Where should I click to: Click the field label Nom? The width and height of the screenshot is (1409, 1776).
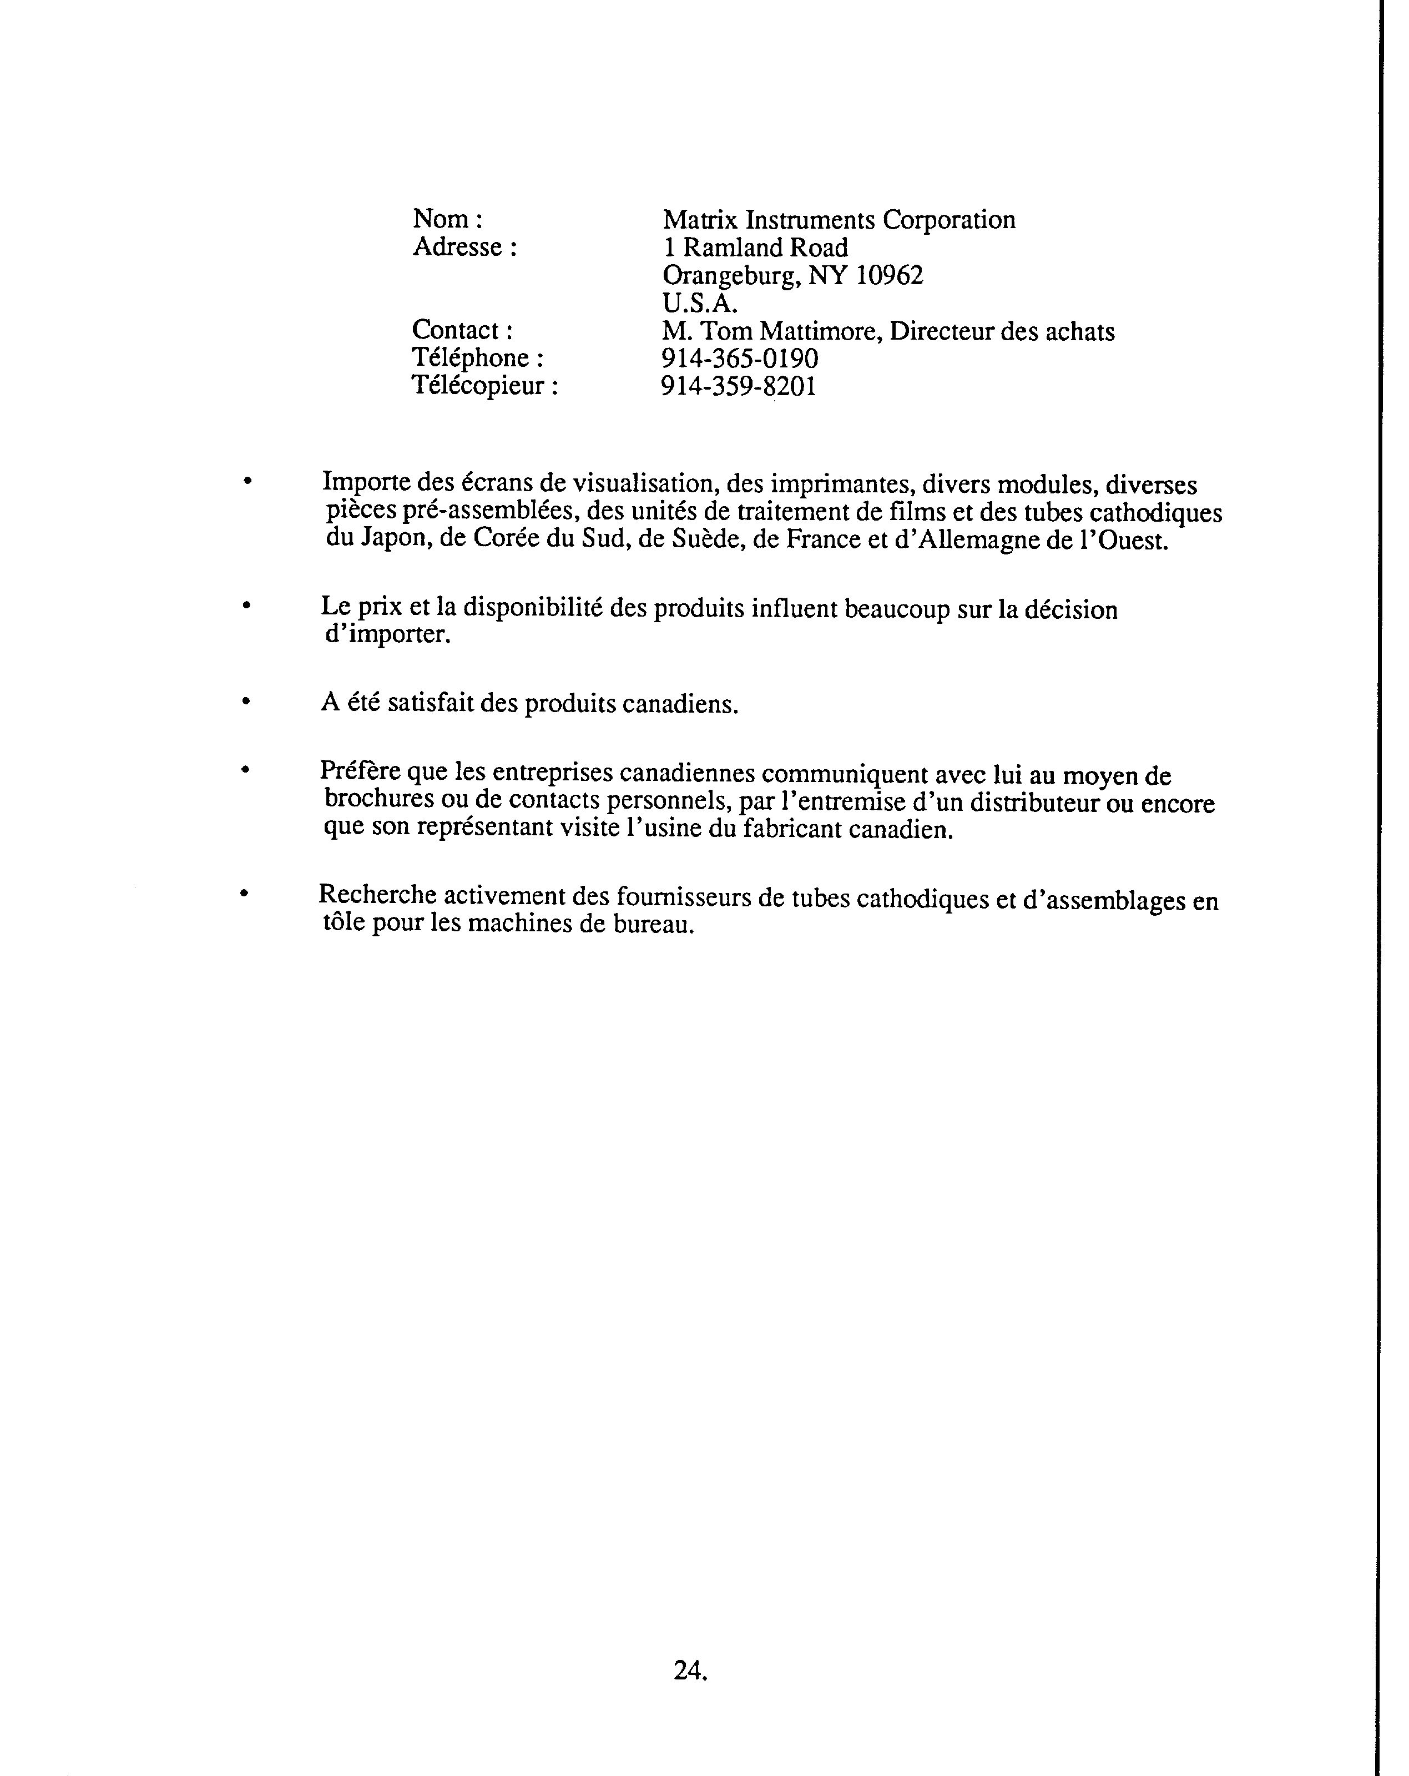[x=441, y=219]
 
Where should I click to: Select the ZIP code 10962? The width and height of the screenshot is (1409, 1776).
[x=890, y=275]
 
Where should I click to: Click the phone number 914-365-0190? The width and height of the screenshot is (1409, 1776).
[x=740, y=359]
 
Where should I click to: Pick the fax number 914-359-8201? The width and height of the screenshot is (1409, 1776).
[x=739, y=386]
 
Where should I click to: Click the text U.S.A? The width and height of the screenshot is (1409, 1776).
[x=700, y=303]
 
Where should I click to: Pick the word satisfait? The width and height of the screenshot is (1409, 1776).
[x=429, y=704]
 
